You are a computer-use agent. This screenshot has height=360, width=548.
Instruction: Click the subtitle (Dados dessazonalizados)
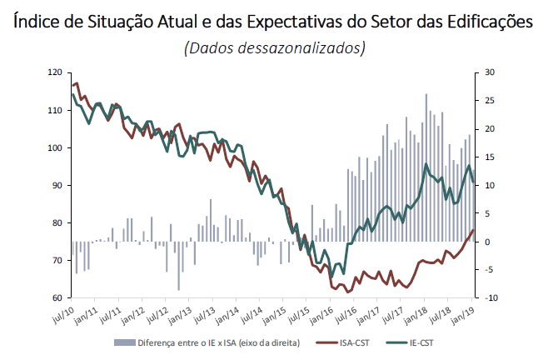tap(275, 48)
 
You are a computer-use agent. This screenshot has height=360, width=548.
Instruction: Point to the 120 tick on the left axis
tap(57, 72)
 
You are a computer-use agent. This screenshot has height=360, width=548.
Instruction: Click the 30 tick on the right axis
tap(490, 72)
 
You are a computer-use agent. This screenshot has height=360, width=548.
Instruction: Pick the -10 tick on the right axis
tap(491, 297)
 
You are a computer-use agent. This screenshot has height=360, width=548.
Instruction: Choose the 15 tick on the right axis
tap(490, 157)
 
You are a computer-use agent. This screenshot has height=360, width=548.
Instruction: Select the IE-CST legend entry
tap(423, 342)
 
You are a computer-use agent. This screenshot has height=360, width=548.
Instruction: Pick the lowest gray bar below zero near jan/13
tap(179, 266)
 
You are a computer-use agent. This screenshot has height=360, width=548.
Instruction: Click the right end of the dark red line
tap(473, 230)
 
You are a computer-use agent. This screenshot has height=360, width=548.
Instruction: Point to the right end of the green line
tap(473, 182)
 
